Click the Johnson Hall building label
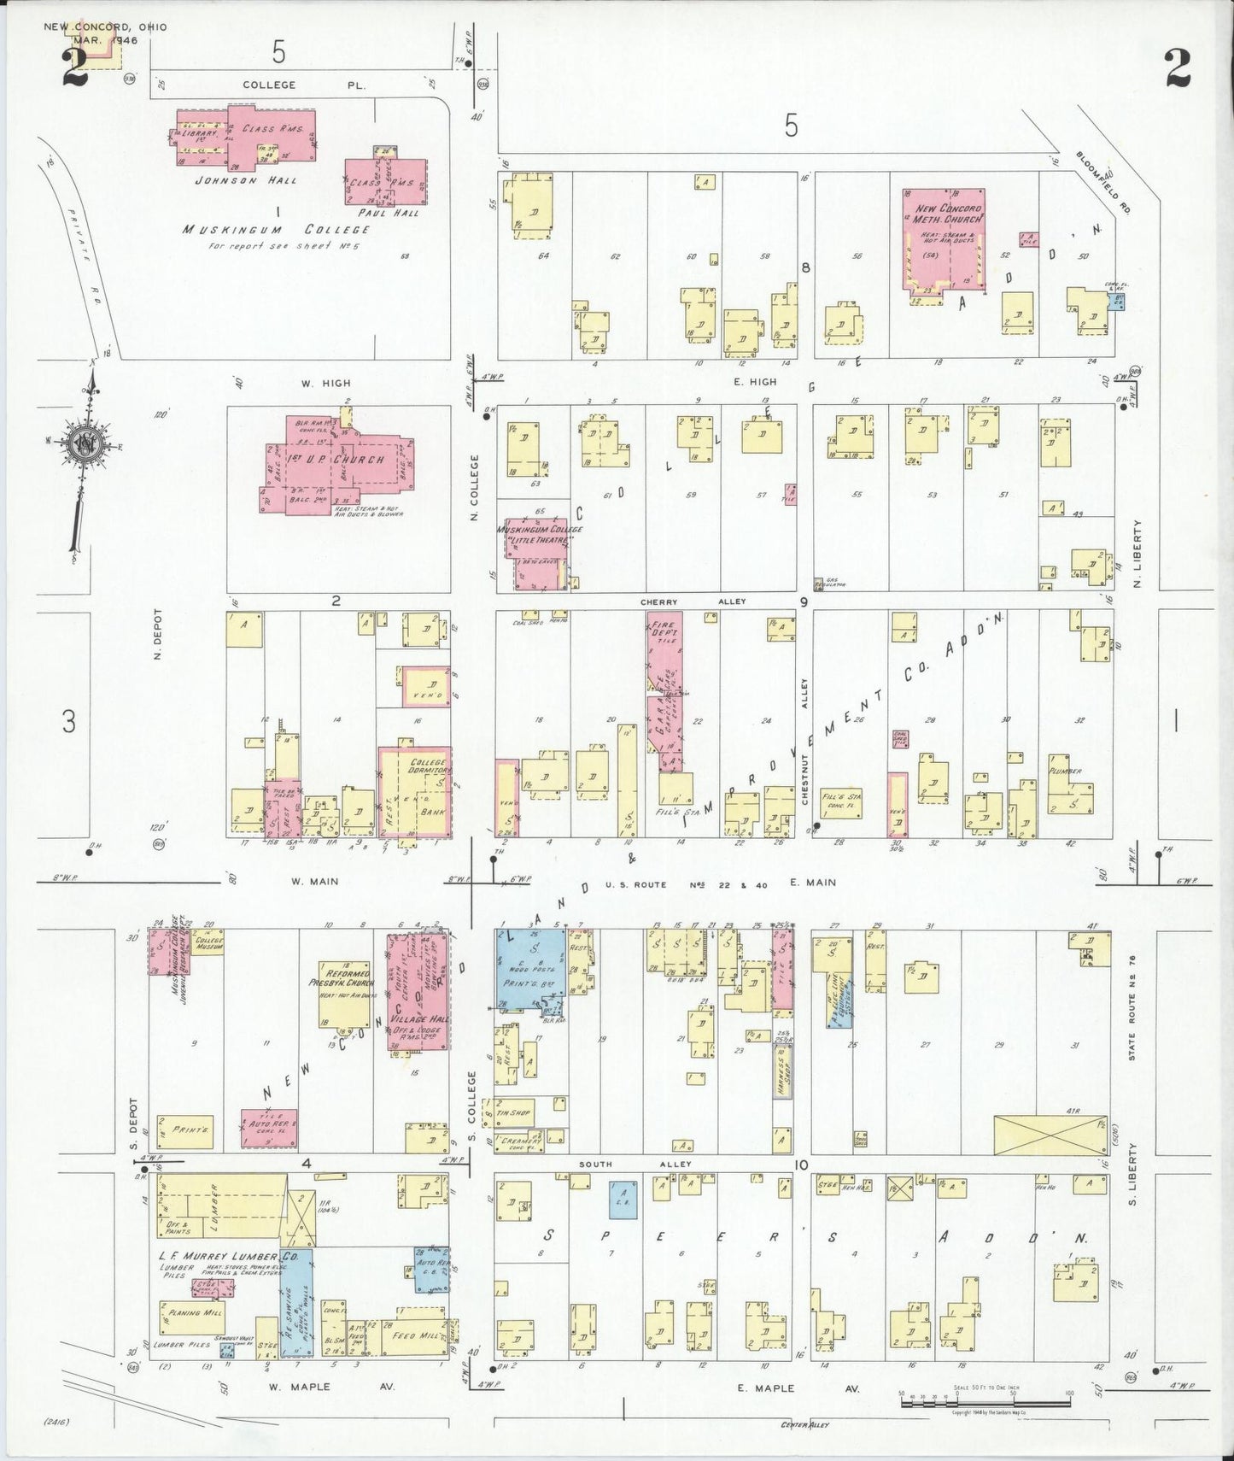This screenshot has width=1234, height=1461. pyautogui.click(x=245, y=180)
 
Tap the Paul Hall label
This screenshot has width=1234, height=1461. pyautogui.click(x=389, y=213)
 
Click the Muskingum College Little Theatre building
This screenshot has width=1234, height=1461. pyautogui.click(x=538, y=551)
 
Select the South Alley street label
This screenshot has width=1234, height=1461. pyautogui.click(x=635, y=1165)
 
